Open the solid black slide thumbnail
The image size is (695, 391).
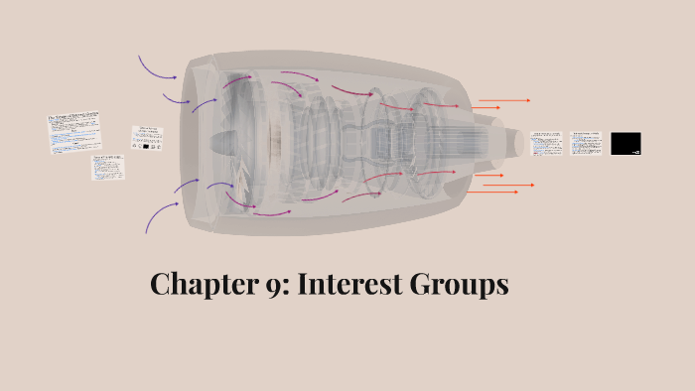click(x=625, y=144)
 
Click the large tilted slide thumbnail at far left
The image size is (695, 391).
click(x=74, y=134)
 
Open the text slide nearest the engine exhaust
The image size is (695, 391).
click(x=546, y=143)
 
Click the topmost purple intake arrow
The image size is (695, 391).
click(x=156, y=68)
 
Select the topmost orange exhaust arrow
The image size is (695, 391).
click(x=504, y=100)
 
